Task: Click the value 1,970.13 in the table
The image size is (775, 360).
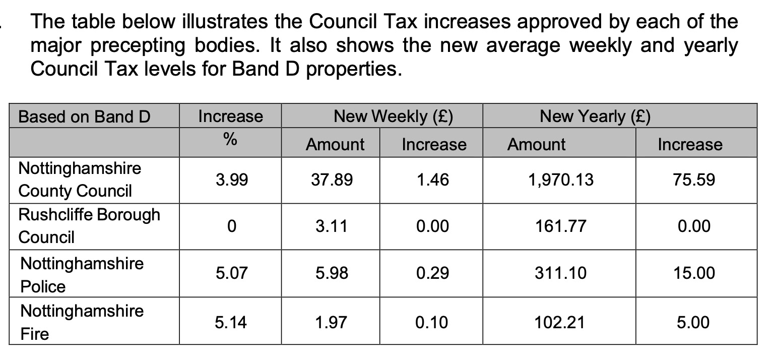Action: [560, 179]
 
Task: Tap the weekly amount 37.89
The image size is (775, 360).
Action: [332, 179]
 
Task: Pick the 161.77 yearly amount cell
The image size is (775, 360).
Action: [560, 226]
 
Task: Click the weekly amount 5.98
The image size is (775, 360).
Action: [332, 273]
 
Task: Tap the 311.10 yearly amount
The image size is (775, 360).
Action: [560, 273]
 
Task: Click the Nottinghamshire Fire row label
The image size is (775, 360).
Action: [82, 322]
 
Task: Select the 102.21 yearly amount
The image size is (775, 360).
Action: [560, 322]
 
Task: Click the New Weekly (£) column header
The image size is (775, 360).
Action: [394, 117]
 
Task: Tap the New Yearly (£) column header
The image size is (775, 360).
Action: [595, 117]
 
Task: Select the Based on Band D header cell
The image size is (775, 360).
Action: [84, 117]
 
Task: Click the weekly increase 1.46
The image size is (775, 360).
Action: [432, 179]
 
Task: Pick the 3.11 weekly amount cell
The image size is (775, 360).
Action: [332, 226]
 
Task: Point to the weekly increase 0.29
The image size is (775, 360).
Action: [432, 273]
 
